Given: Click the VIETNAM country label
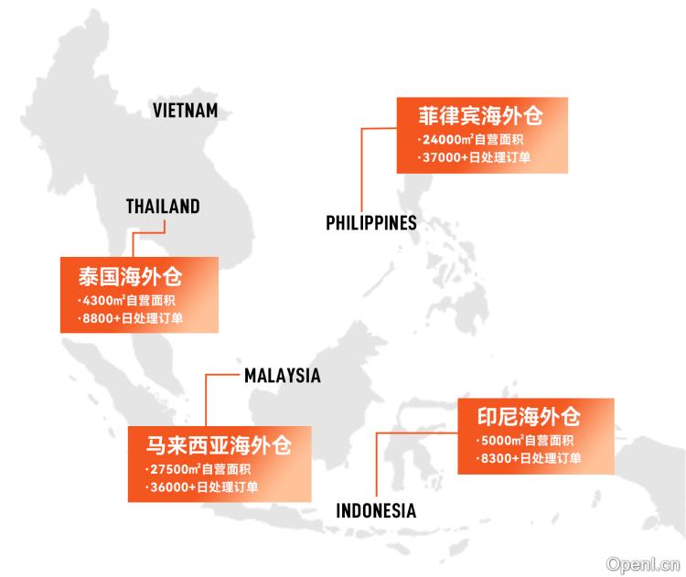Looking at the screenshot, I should click(x=185, y=111).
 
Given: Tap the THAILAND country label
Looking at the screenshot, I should click(x=163, y=207).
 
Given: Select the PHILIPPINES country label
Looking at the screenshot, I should click(x=371, y=222).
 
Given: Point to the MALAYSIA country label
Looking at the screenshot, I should click(x=282, y=375).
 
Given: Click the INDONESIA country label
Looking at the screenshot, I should click(x=376, y=511).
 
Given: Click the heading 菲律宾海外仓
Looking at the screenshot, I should click(x=480, y=117).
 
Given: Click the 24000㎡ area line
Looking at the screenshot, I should click(x=471, y=141).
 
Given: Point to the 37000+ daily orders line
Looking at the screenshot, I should click(x=475, y=157).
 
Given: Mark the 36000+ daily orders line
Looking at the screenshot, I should click(x=206, y=486).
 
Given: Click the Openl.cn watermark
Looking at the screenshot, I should click(x=645, y=565).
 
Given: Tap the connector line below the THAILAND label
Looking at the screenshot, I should click(x=134, y=244).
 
